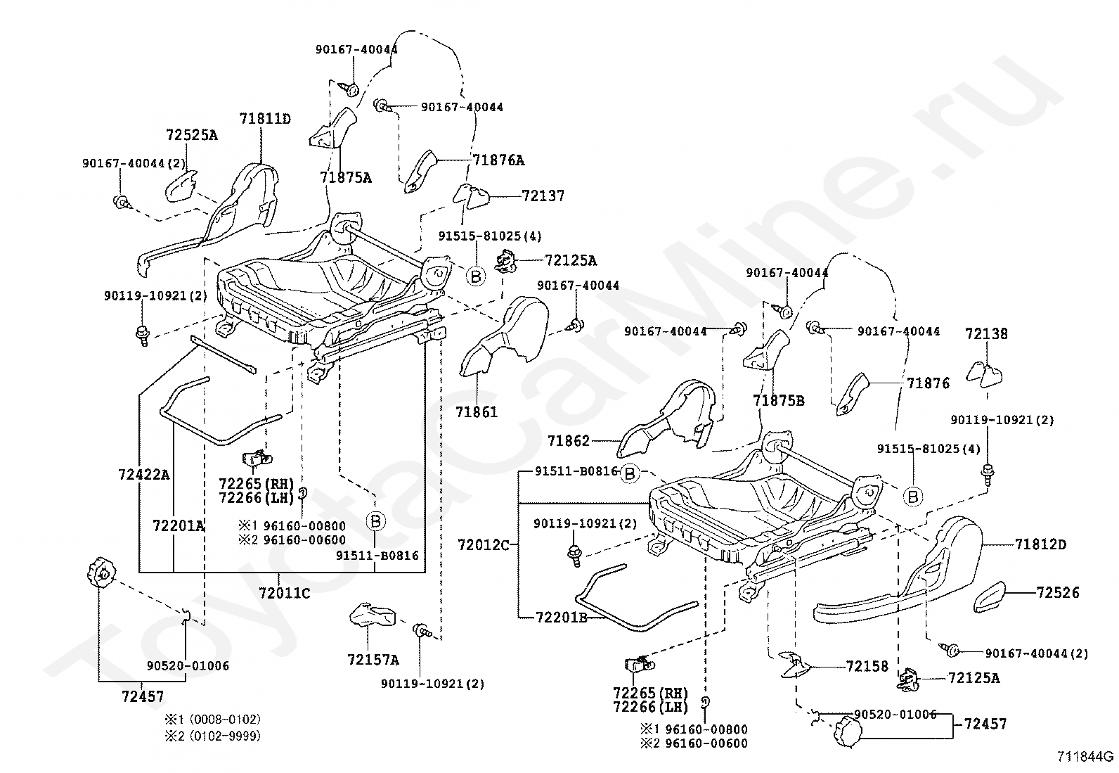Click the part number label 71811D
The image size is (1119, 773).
265,119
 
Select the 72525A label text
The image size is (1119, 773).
192,135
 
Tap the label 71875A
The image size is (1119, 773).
346,177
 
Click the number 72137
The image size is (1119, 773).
543,196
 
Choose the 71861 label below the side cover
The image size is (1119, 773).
477,412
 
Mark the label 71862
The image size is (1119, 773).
569,440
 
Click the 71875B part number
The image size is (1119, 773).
779,400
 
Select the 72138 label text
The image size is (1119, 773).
986,333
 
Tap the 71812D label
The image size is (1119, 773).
1040,544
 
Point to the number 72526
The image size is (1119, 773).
1058,592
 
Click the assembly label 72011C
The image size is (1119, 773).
284,593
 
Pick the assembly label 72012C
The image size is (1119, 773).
484,545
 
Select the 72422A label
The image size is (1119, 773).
144,474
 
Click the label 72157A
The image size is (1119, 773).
373,660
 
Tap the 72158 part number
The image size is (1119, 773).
867,667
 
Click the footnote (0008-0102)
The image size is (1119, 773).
220,720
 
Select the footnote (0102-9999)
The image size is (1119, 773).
220,736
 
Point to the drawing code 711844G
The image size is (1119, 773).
1085,757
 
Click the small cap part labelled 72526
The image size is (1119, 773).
989,597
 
